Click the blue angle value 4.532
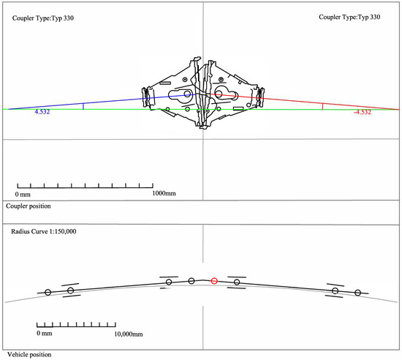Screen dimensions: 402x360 click(x=42, y=112)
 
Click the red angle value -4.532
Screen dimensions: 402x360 click(x=363, y=112)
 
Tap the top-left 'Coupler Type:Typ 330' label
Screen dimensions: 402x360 click(x=43, y=18)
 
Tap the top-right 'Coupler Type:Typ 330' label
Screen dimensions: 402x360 click(x=349, y=17)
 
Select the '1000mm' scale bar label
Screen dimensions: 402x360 click(x=164, y=193)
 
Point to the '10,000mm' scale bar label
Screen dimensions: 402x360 click(x=129, y=334)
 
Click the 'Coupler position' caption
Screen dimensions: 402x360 click(x=29, y=206)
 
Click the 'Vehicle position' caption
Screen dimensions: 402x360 click(x=29, y=355)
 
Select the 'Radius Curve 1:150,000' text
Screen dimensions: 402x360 click(x=44, y=231)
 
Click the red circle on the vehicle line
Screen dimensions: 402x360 click(x=214, y=281)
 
